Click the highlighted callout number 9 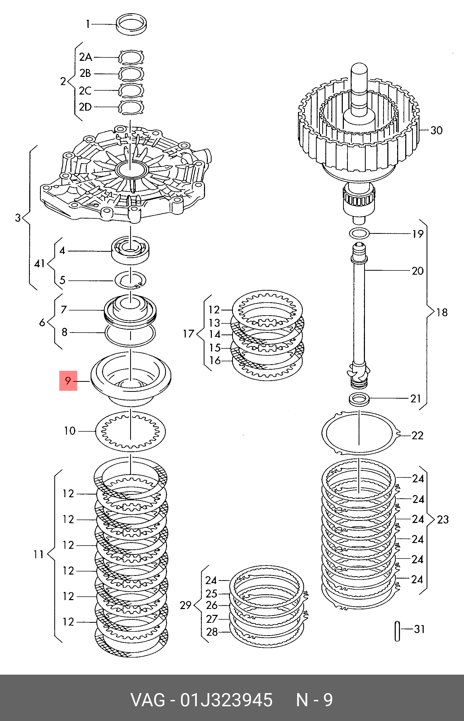(x=68, y=381)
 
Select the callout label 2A (x=85, y=57)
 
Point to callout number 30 (x=436, y=130)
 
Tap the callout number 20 (x=418, y=271)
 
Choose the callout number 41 (x=40, y=264)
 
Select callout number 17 (x=189, y=334)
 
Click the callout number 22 (x=417, y=435)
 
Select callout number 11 (x=38, y=554)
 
